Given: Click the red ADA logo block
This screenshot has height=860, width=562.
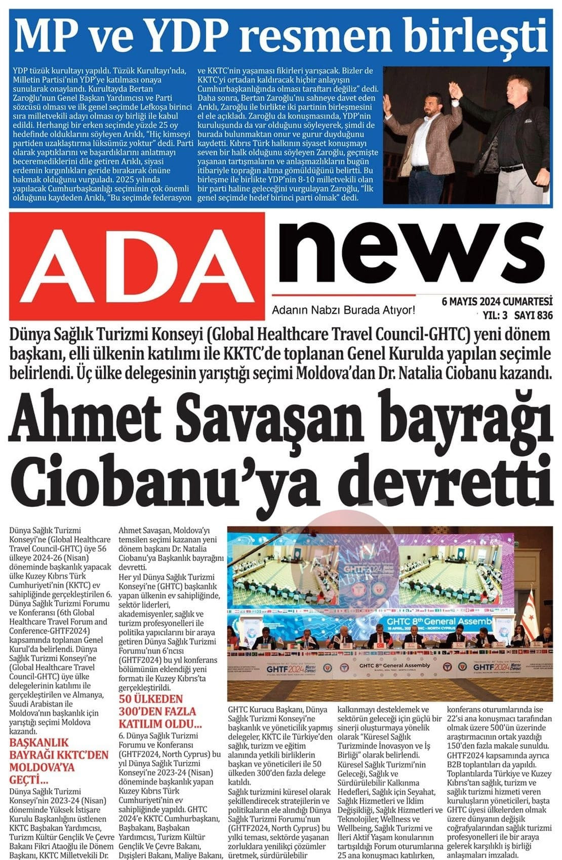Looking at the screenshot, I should (x=137, y=265).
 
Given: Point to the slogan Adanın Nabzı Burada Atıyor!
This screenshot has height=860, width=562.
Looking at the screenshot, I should (x=343, y=310).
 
